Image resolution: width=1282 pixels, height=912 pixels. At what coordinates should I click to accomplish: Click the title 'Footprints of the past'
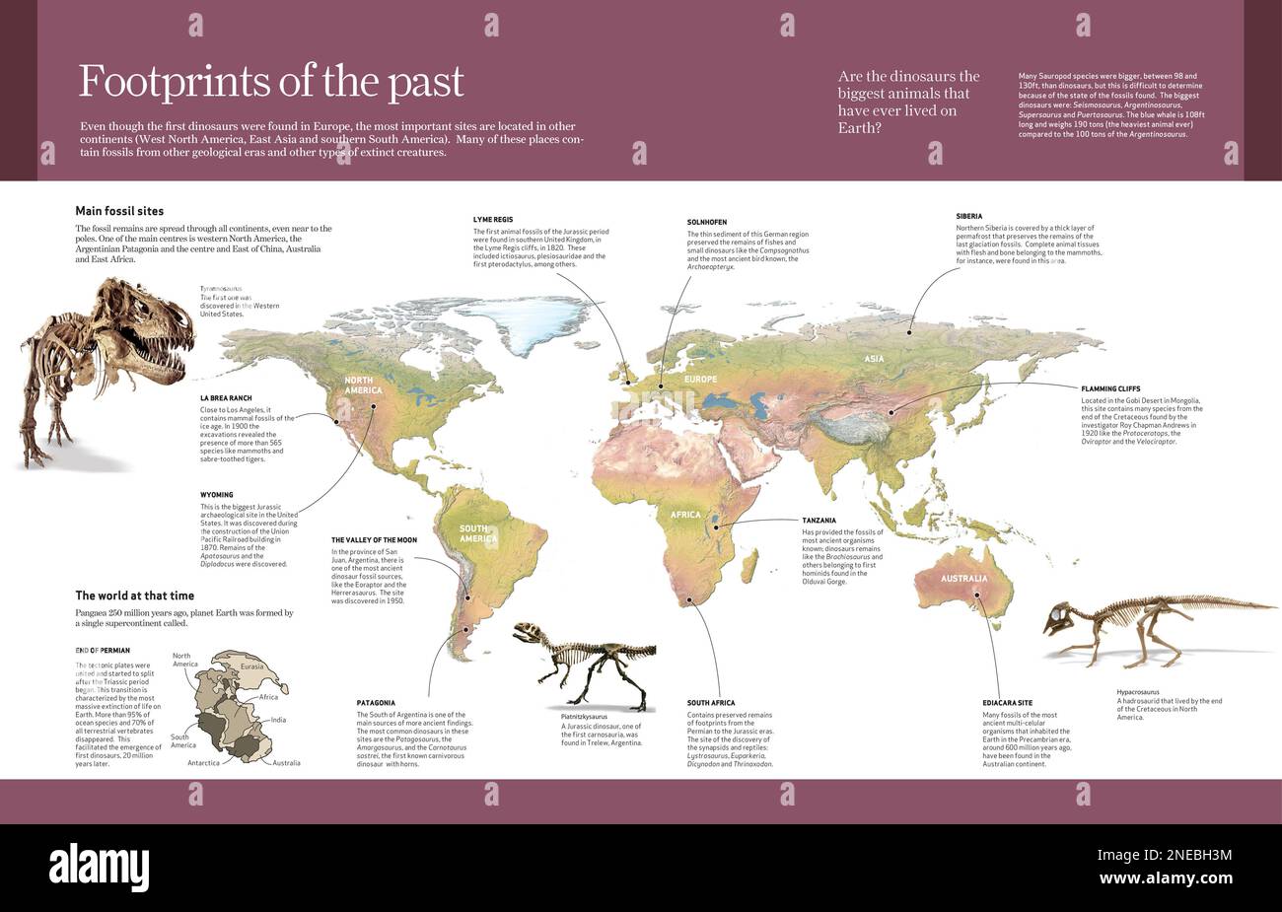(271, 82)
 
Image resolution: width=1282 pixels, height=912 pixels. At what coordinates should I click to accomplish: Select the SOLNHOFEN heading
(707, 223)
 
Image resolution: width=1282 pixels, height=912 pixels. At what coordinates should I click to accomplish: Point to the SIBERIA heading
(968, 216)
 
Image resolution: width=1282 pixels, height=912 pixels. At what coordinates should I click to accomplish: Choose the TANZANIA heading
(819, 520)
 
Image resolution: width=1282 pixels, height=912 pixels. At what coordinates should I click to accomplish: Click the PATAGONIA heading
(376, 703)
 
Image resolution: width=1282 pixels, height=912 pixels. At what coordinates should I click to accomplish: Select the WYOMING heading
(216, 495)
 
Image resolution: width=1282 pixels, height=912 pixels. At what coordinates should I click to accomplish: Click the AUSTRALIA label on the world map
(962, 579)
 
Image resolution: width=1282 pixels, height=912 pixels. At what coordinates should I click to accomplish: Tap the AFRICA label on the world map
(685, 515)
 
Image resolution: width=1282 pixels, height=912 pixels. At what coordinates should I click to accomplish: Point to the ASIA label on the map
(874, 360)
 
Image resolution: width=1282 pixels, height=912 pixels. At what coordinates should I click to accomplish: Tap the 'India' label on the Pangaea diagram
(278, 720)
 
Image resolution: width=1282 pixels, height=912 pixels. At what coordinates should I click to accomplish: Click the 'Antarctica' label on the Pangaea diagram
(210, 762)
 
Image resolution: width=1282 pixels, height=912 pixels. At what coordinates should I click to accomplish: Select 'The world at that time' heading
(135, 596)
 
